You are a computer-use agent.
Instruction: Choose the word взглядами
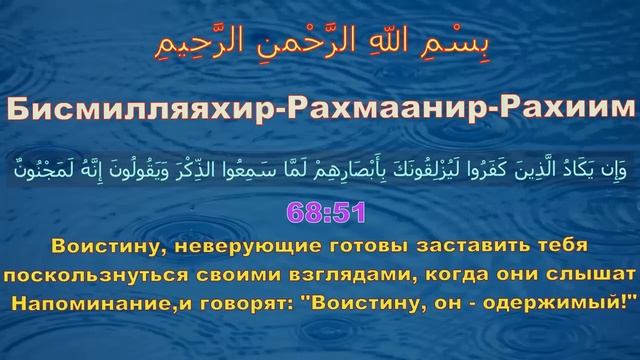(334, 273)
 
